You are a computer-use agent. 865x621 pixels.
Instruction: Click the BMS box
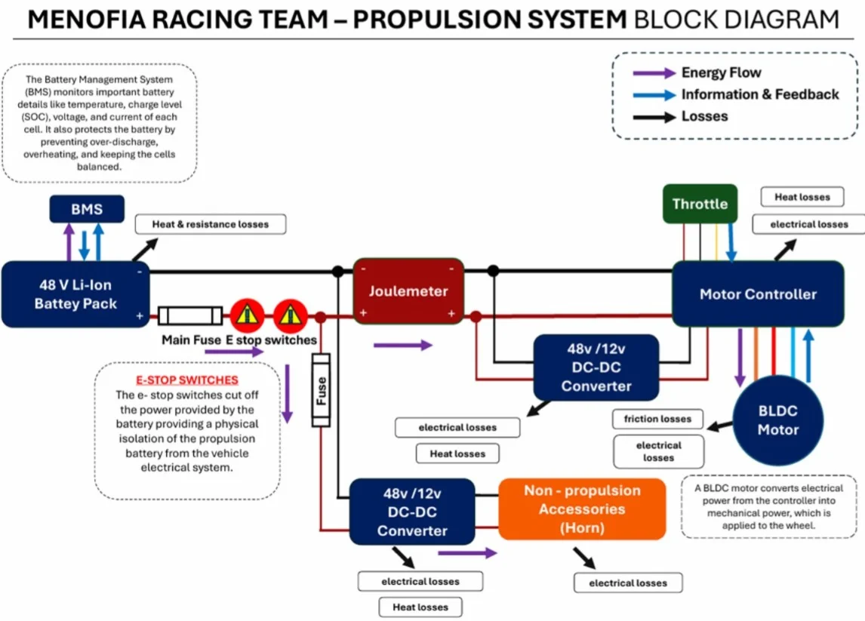tap(87, 209)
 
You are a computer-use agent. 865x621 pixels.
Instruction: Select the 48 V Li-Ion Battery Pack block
tap(75, 294)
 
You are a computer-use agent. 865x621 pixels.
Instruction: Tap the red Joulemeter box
tap(408, 291)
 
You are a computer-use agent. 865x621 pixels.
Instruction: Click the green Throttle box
tap(700, 204)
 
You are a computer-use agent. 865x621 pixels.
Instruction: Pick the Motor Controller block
tap(758, 294)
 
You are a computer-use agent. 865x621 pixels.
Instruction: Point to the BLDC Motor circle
tap(778, 420)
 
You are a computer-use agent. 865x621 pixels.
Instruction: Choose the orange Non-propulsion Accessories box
tap(582, 509)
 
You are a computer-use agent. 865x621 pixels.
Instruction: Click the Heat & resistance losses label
tap(211, 224)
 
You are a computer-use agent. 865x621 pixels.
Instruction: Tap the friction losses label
tap(657, 419)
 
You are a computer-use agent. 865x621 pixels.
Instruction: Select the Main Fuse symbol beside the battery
tap(189, 316)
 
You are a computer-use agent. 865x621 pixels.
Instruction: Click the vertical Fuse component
tap(321, 390)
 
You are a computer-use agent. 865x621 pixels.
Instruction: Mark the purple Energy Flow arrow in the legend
tap(654, 72)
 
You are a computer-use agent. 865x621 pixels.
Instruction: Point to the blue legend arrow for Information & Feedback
tap(654, 95)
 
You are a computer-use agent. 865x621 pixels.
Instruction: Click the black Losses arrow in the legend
tap(654, 117)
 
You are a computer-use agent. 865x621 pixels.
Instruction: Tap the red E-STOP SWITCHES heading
tap(187, 380)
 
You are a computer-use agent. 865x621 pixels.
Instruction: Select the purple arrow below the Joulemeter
tap(403, 346)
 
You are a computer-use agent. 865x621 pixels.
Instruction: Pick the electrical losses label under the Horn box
tap(628, 583)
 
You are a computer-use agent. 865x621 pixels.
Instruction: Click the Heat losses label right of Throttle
tap(802, 197)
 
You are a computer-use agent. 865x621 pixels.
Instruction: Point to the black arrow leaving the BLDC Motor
tap(720, 426)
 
